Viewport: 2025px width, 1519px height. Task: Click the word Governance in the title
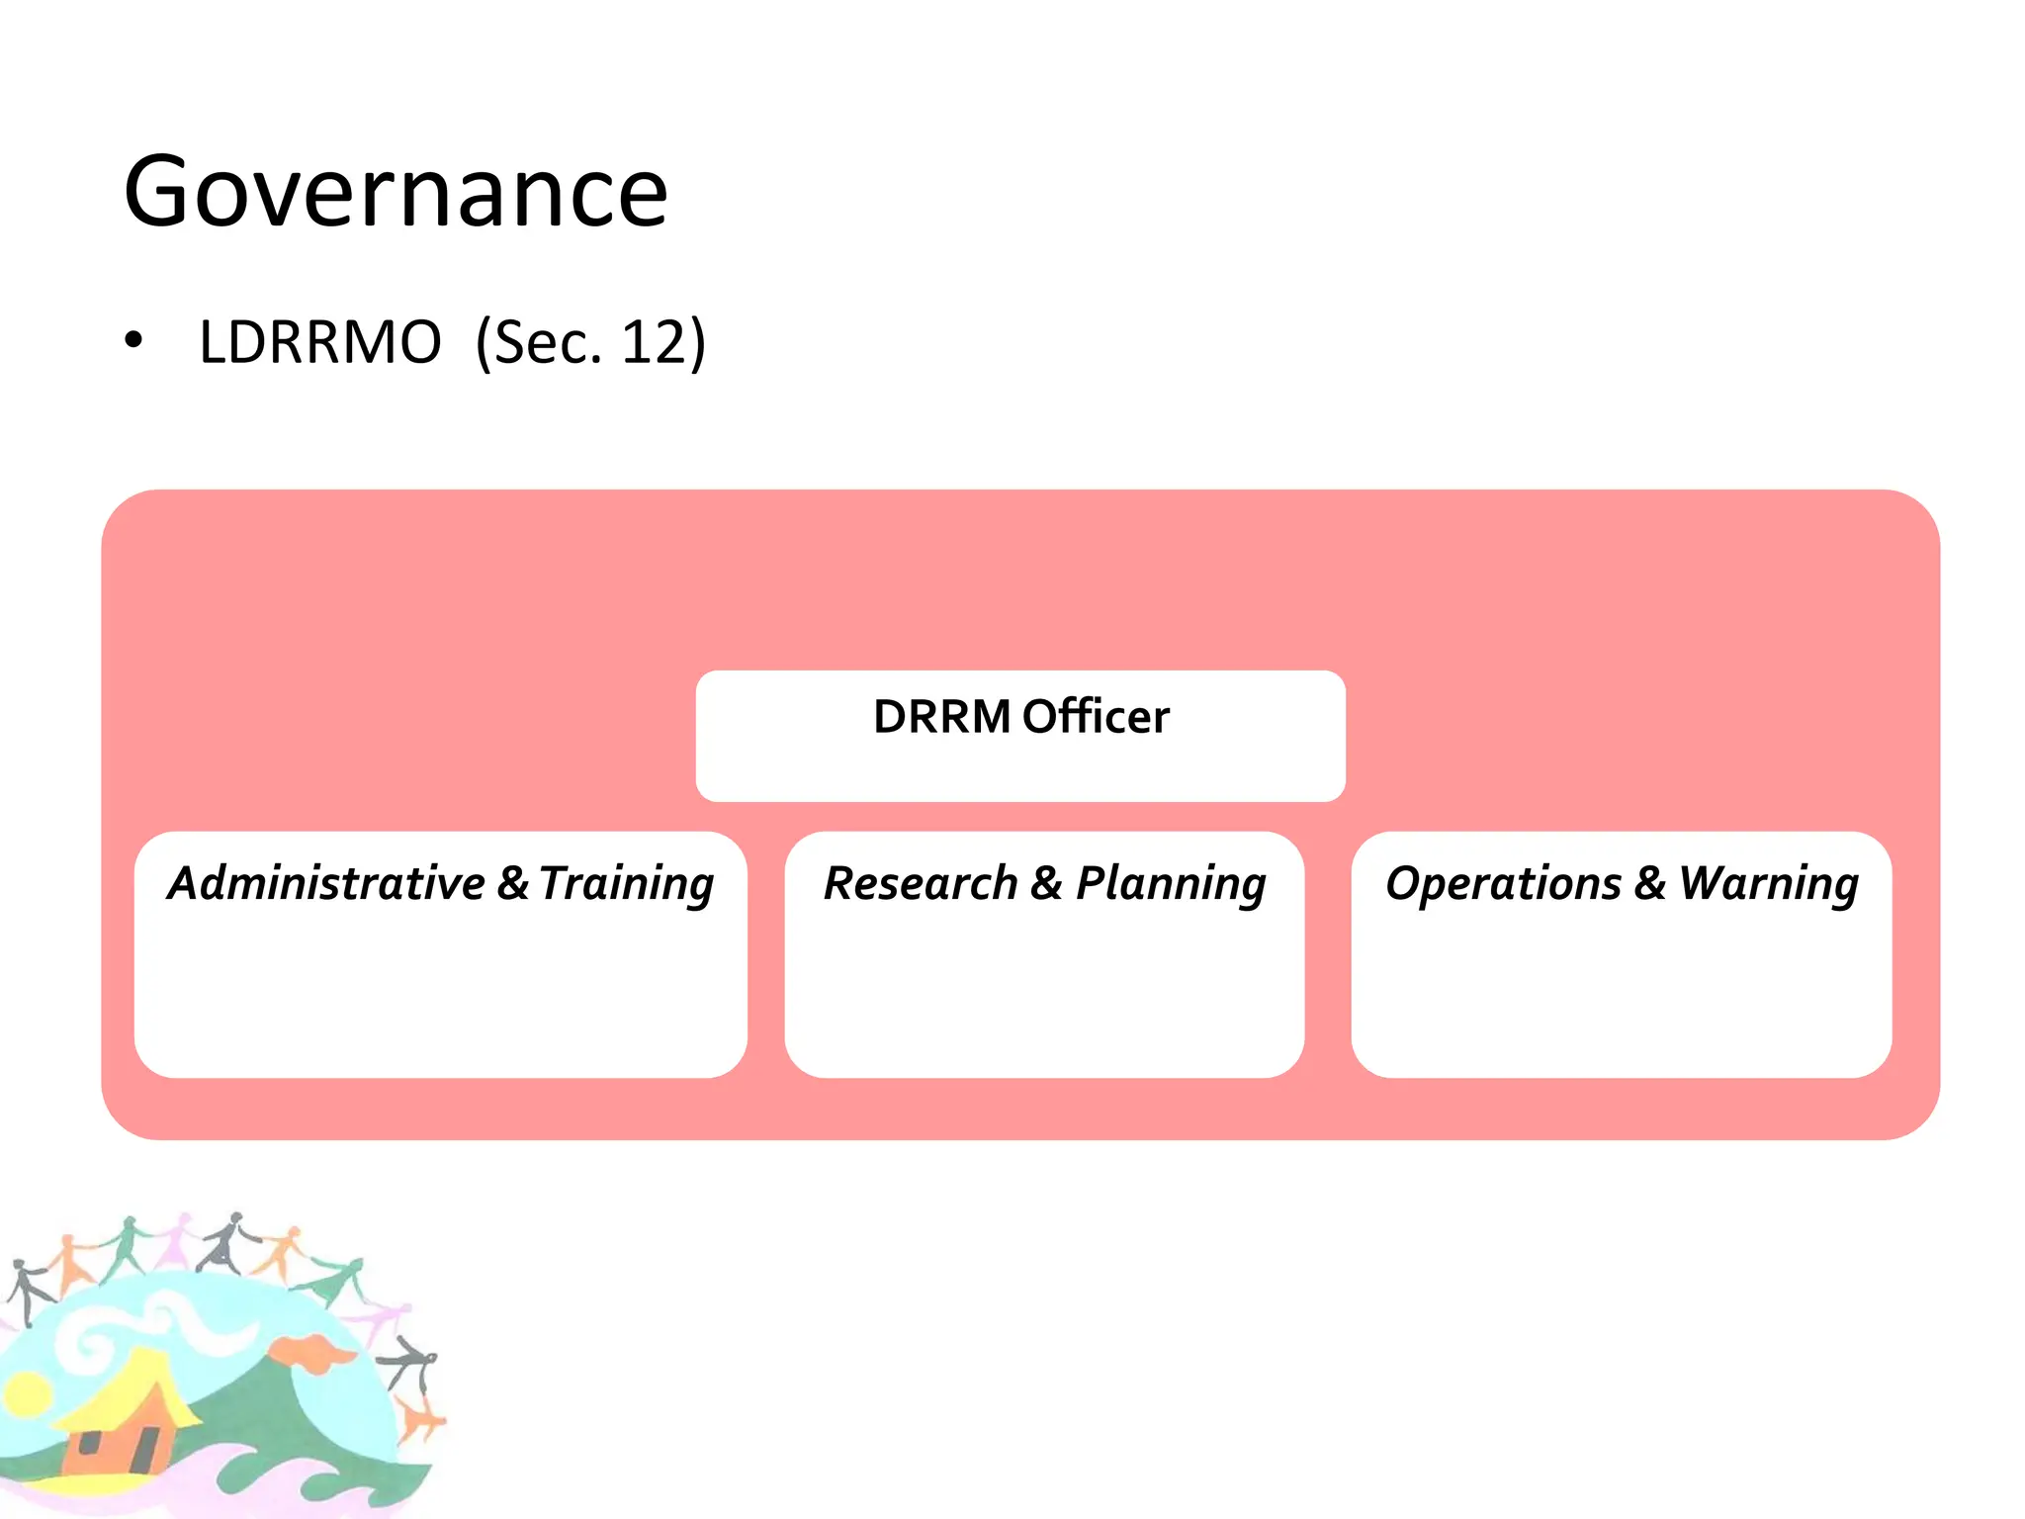396,192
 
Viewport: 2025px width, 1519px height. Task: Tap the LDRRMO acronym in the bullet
319,343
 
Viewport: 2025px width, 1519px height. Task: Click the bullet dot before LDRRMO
133,341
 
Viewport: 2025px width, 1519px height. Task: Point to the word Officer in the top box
1096,717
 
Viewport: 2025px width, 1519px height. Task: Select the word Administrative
327,883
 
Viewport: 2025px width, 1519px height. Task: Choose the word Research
921,883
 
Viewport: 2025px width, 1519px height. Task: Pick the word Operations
1503,883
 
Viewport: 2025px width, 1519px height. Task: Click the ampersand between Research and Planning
1046,883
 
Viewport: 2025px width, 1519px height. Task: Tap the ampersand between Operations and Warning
1649,883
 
